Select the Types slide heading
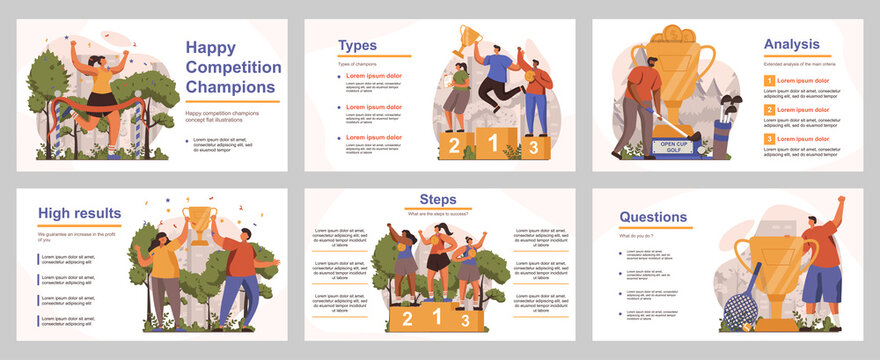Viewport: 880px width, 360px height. click(358, 45)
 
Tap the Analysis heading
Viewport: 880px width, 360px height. click(791, 44)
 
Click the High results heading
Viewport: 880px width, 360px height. click(80, 213)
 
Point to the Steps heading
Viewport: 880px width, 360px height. click(438, 198)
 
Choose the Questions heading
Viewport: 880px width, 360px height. click(653, 216)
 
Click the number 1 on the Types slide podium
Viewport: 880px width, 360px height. click(492, 143)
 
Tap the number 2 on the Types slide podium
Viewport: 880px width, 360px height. click(454, 147)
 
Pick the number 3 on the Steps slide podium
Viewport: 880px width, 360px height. click(465, 320)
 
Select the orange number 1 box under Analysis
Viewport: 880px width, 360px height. click(769, 80)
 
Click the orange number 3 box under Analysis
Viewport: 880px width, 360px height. click(769, 139)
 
